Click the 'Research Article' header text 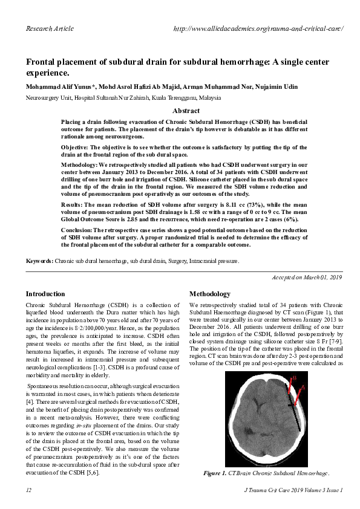coord(50,28)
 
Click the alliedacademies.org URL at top coord(258,28)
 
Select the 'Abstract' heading coord(186,111)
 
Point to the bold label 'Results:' coord(74,205)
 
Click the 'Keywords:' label coord(39,261)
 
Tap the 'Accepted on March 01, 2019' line coord(305,277)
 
